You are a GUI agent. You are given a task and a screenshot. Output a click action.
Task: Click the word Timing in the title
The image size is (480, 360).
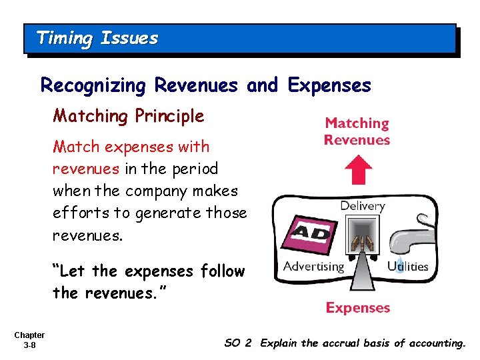click(x=64, y=38)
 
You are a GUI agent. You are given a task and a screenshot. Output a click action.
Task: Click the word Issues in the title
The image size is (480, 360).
click(x=129, y=38)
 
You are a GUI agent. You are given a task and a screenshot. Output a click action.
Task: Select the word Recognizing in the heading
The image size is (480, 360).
click(x=93, y=86)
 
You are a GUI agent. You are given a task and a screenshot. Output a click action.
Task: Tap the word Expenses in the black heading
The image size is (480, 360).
click(x=329, y=86)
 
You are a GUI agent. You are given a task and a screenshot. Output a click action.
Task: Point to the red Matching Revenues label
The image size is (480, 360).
click(x=357, y=131)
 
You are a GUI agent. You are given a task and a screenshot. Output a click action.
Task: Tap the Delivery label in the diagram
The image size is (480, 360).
click(x=363, y=206)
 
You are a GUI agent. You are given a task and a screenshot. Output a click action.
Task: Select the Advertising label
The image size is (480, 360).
click(x=313, y=267)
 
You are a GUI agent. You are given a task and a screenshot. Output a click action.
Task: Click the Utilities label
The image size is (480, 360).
click(x=407, y=267)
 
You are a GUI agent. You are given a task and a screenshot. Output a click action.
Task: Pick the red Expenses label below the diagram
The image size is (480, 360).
click(x=357, y=308)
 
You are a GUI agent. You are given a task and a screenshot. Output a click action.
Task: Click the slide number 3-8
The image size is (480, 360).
click(x=29, y=345)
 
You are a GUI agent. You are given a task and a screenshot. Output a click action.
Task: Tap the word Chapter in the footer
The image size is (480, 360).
click(x=29, y=335)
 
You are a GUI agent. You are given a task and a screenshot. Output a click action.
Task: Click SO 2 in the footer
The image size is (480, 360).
click(x=238, y=343)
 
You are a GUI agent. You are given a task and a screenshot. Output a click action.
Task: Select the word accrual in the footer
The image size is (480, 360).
click(x=340, y=343)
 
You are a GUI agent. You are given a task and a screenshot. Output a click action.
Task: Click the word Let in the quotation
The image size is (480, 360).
click(x=75, y=271)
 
